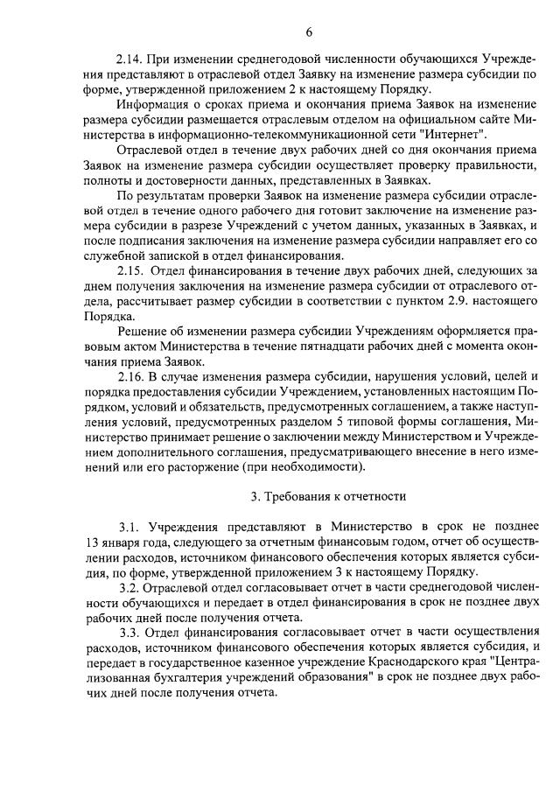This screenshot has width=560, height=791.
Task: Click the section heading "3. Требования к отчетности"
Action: pos(328,496)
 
